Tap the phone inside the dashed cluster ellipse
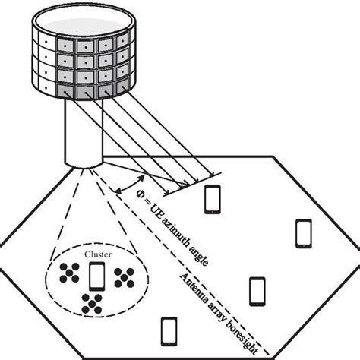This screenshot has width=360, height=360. (x=98, y=277)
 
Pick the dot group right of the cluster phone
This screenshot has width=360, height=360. (x=124, y=277)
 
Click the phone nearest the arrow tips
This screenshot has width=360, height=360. (x=214, y=199)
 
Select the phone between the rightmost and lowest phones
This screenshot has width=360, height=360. (x=258, y=290)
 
